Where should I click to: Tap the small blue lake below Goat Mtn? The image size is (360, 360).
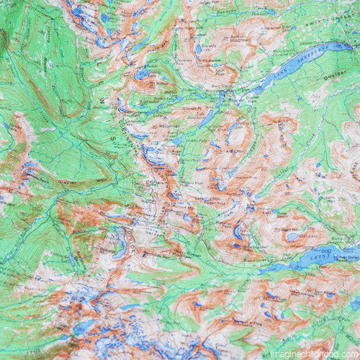click(292, 237)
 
